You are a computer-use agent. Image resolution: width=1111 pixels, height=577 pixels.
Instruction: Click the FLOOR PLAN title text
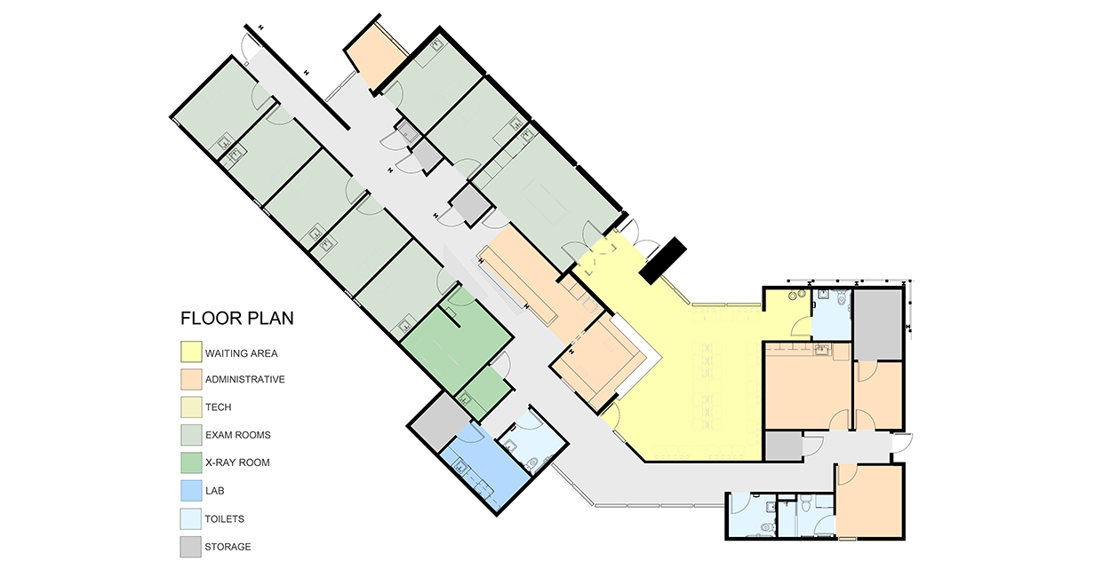[237, 318]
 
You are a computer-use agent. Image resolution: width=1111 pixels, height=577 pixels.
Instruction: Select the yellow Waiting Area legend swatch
[191, 352]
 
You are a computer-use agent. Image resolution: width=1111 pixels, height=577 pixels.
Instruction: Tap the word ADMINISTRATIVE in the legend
[245, 379]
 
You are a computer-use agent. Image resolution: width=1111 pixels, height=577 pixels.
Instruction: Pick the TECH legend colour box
[191, 407]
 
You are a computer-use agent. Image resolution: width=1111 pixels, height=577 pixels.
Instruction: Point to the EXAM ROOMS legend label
[238, 435]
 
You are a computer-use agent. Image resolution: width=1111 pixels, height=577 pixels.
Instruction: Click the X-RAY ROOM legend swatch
[191, 462]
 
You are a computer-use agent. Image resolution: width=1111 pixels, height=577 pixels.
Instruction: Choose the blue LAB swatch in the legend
[191, 491]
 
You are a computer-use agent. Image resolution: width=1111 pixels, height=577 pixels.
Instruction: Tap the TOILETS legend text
[225, 519]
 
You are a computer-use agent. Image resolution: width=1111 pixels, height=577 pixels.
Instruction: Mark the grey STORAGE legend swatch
[191, 547]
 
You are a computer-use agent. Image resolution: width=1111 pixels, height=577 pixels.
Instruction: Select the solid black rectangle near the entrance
[663, 260]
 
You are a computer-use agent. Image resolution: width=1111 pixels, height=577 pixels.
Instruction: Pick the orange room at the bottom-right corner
[869, 502]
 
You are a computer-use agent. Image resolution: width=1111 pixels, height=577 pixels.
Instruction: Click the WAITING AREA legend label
[242, 353]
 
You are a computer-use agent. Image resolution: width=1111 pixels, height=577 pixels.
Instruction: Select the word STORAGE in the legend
[228, 547]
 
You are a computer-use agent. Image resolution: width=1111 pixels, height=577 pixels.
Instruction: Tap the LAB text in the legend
[215, 491]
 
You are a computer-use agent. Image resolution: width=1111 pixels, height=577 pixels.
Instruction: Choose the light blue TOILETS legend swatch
[191, 519]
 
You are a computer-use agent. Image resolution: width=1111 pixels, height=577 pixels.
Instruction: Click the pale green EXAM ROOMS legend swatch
[191, 435]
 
